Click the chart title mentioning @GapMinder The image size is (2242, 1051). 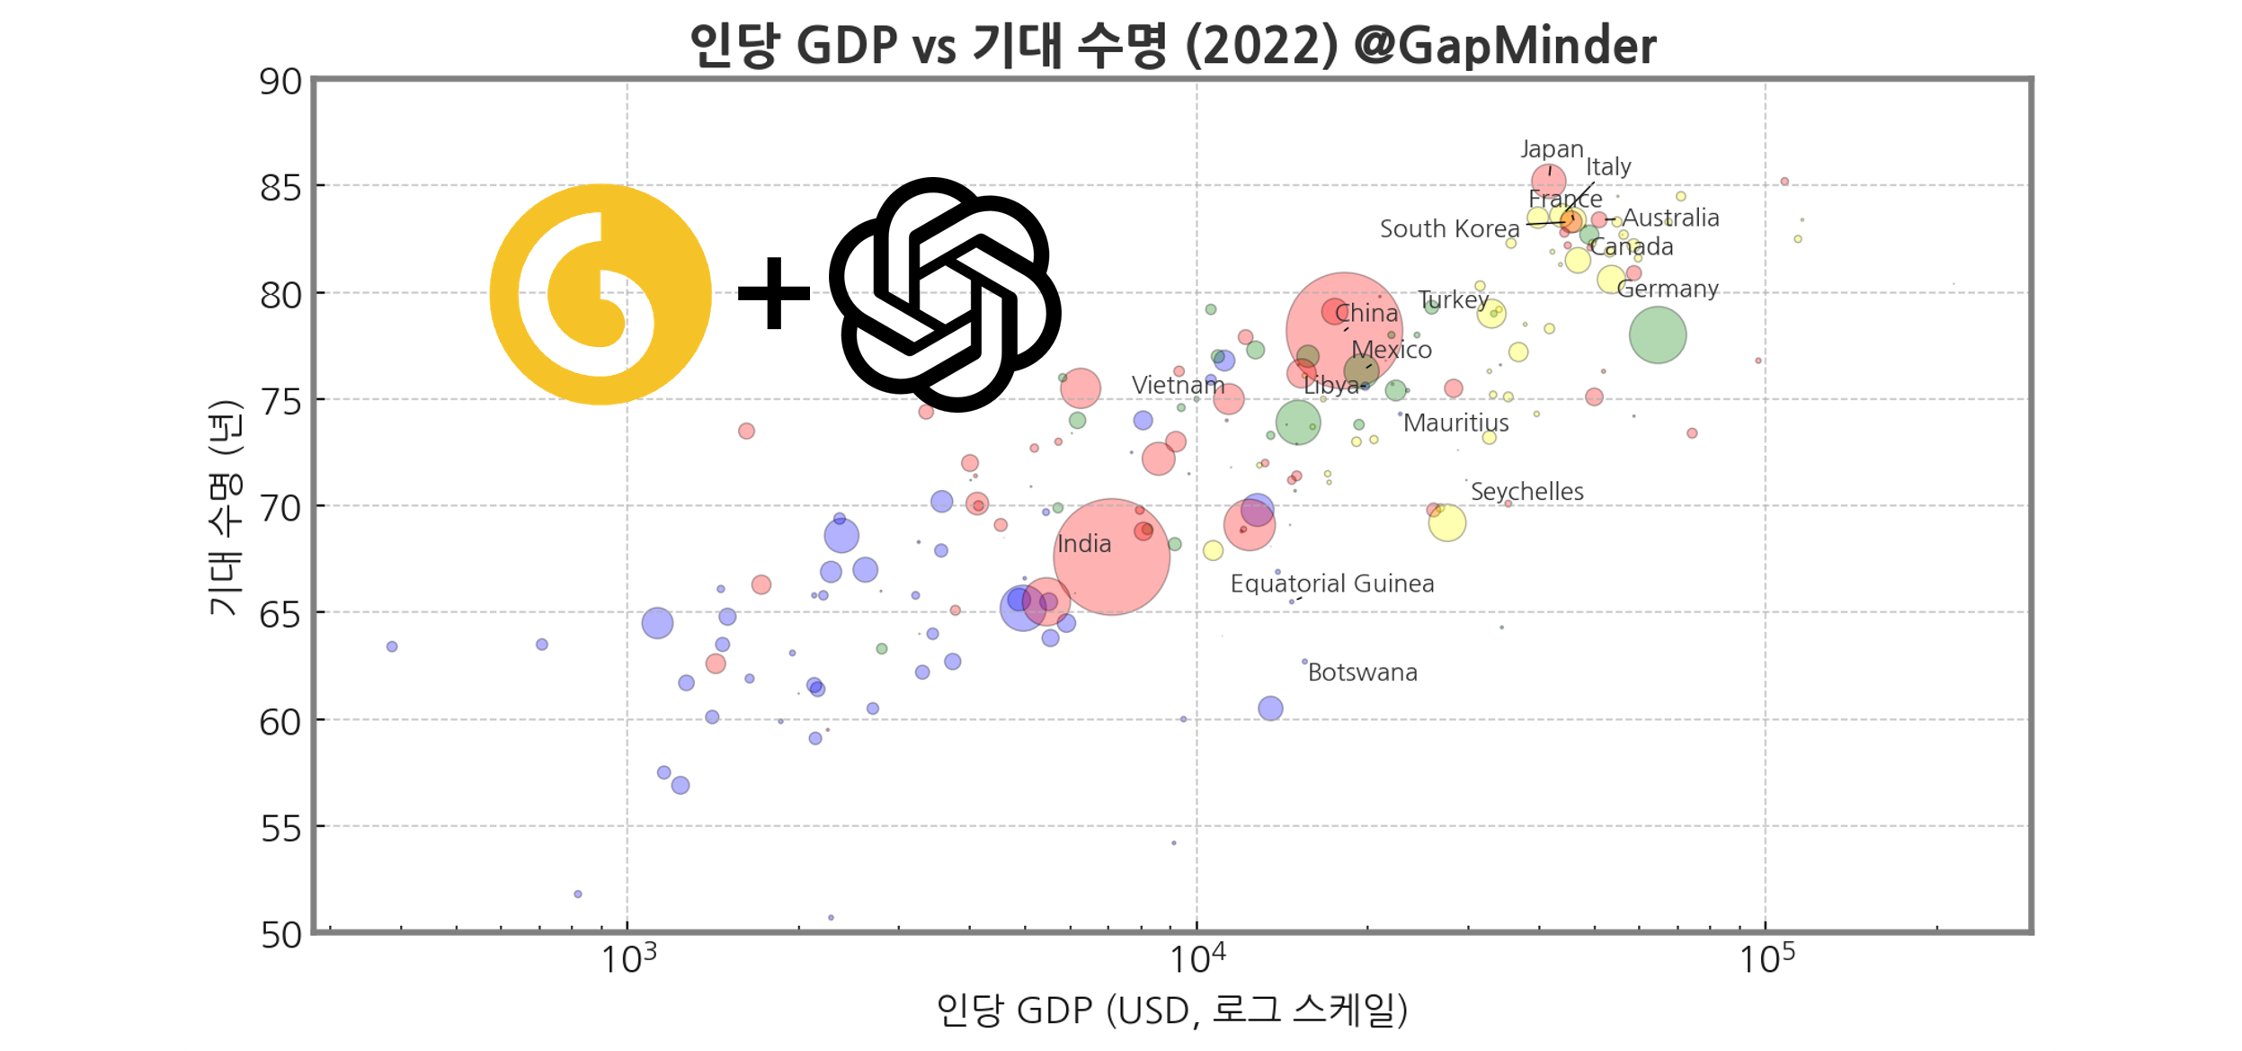[x=1171, y=45]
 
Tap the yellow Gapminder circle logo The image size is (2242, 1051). [x=600, y=294]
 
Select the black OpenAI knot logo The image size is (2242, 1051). [x=944, y=294]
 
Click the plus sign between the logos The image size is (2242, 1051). [x=773, y=293]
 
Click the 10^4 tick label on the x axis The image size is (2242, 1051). [x=1197, y=958]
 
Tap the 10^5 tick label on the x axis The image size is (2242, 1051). [x=1766, y=958]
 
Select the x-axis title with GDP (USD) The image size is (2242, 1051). [x=1171, y=1011]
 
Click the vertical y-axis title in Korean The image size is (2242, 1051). [x=225, y=508]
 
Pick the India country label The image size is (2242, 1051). [x=1083, y=544]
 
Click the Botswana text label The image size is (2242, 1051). [x=1362, y=672]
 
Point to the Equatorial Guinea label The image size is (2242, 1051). [x=1331, y=583]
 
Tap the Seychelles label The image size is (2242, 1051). [x=1526, y=492]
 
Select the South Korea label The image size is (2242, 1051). [x=1448, y=229]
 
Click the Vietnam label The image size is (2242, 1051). [x=1177, y=385]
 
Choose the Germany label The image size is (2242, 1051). [x=1667, y=289]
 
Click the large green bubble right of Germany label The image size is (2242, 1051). [x=1657, y=335]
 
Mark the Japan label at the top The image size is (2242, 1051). [x=1551, y=149]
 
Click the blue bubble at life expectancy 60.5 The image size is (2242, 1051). [x=1269, y=708]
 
